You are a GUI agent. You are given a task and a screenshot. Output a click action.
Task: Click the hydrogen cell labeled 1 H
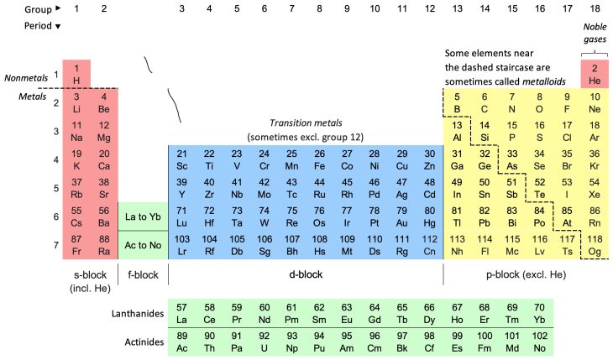76,74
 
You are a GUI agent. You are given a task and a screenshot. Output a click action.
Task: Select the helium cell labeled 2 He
595,74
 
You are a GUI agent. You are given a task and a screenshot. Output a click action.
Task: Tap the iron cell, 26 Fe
319,160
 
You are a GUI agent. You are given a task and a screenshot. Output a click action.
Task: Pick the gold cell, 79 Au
402,217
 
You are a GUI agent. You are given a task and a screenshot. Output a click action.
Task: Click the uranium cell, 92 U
265,342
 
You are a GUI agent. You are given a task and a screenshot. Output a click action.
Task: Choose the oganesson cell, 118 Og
595,245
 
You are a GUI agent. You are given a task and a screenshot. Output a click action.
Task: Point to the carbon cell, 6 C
485,103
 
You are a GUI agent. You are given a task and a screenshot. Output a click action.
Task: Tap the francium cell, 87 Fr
76,245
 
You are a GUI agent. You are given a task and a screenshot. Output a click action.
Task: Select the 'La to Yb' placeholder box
143,217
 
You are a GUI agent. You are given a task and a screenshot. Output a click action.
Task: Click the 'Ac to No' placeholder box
143,245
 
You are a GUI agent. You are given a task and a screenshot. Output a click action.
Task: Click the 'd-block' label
306,274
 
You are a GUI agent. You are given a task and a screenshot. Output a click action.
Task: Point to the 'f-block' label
143,274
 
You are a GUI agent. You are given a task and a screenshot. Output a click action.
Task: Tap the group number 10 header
375,8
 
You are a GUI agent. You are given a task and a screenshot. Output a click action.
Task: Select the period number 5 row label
56,189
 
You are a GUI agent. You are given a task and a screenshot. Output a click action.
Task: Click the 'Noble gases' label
595,33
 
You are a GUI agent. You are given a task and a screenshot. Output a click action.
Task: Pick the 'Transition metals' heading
306,123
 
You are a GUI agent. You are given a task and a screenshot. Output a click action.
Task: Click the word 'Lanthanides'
138,314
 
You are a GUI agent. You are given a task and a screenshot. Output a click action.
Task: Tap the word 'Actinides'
144,342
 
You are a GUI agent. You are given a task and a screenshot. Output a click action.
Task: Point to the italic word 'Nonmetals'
26,78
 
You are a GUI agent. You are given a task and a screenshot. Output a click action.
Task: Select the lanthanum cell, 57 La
181,314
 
